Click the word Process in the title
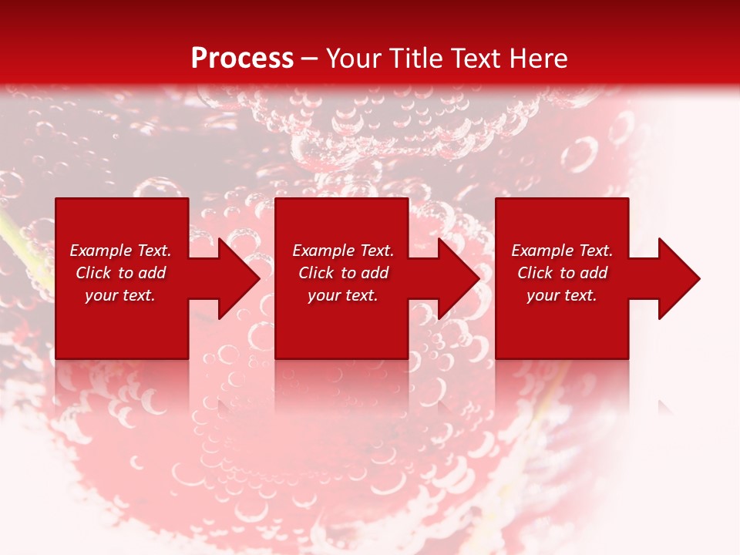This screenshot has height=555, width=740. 242,59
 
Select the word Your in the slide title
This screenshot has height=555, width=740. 354,59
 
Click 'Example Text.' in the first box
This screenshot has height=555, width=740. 120,251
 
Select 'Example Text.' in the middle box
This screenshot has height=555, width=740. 343,251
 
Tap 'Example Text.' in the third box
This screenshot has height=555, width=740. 562,251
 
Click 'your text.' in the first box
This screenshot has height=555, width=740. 120,295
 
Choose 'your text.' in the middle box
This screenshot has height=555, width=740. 343,295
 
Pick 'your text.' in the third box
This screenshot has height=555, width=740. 562,295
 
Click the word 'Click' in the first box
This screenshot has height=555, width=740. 94,273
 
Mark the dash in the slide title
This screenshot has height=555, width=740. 310,59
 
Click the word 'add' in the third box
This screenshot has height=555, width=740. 594,273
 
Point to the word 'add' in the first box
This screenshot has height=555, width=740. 152,273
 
